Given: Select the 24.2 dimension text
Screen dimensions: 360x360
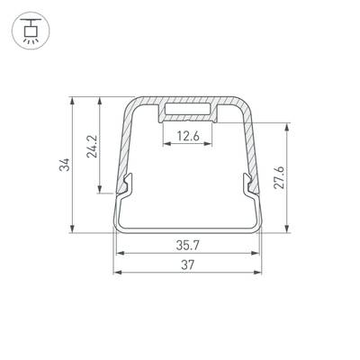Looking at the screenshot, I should tap(91, 147).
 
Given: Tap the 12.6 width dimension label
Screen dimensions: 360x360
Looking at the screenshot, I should tap(188, 137).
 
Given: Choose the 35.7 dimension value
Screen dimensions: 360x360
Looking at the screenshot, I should tap(187, 244).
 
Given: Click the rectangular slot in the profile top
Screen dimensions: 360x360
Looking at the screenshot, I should tap(188, 112).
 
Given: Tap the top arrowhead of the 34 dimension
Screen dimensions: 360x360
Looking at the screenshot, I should tap(72, 97).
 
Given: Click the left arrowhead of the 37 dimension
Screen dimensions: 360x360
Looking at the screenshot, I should tap(115, 271).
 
